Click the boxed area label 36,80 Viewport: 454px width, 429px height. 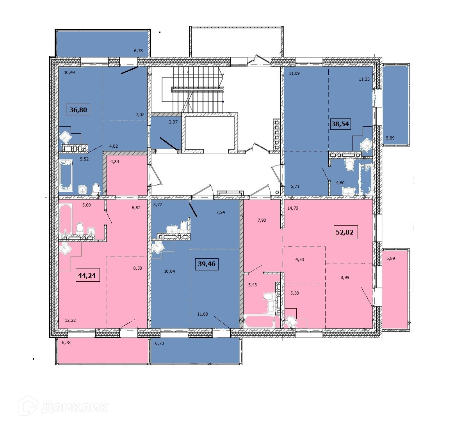[x=78, y=110]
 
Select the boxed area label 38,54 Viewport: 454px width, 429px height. [x=340, y=124]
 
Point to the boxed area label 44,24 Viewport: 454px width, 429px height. [x=87, y=275]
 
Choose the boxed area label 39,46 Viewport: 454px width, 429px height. [x=207, y=264]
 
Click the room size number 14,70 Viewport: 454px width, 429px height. [x=293, y=208]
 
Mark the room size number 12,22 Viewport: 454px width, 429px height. [x=70, y=320]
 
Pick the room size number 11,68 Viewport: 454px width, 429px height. [x=202, y=314]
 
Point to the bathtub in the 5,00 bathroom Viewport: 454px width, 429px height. [x=66, y=219]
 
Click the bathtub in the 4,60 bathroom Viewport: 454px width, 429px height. [x=365, y=180]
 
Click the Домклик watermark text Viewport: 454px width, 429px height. [x=75, y=407]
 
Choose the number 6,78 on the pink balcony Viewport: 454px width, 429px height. [x=66, y=342]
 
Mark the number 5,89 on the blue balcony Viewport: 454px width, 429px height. [x=390, y=138]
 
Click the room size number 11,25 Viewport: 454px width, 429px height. [x=364, y=79]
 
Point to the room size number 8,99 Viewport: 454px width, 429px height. [x=345, y=277]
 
